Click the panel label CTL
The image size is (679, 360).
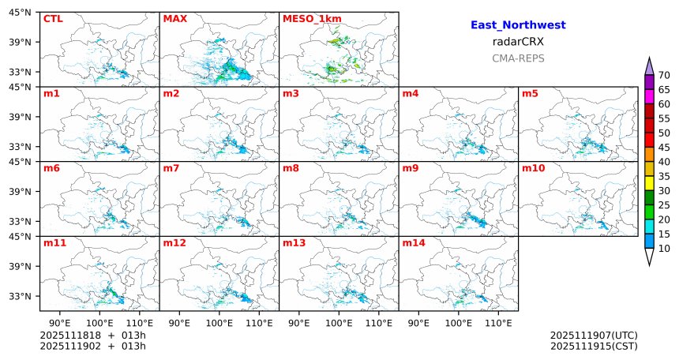pyautogui.click(x=53, y=18)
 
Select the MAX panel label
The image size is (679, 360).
pyautogui.click(x=174, y=18)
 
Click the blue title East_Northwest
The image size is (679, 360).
pyautogui.click(x=518, y=25)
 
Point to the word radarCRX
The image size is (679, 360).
pyautogui.click(x=518, y=42)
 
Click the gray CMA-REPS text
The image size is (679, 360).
pyautogui.click(x=518, y=58)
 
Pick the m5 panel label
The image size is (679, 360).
pyautogui.click(x=530, y=94)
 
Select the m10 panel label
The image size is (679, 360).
pyautogui.click(x=533, y=168)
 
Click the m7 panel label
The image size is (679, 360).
pyautogui.click(x=171, y=168)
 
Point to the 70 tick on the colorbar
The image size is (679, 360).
pyautogui.click(x=664, y=75)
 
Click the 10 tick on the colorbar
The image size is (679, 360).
pyautogui.click(x=664, y=249)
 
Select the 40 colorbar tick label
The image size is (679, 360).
pyautogui.click(x=664, y=162)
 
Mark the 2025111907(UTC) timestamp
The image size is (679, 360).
pyautogui.click(x=594, y=336)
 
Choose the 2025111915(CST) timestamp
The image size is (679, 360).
pyautogui.click(x=594, y=346)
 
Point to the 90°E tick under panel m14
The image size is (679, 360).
pyautogui.click(x=419, y=323)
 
